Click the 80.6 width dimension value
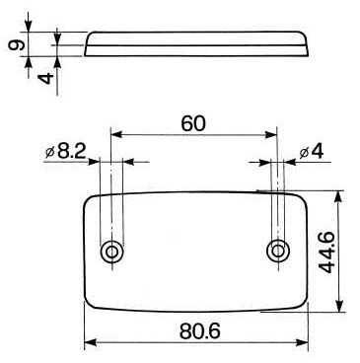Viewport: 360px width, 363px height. (x=200, y=331)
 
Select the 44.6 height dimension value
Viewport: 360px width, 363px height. (x=327, y=253)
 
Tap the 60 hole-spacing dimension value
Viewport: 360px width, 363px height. (x=193, y=123)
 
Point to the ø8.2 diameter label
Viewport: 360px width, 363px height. (x=65, y=152)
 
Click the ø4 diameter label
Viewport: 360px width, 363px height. (x=312, y=152)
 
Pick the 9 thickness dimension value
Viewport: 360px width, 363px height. (x=16, y=44)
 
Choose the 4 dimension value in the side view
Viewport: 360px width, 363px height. (x=45, y=78)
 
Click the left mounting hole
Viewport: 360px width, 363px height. (x=112, y=253)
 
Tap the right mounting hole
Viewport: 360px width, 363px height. (x=278, y=252)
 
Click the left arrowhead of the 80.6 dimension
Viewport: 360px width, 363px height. (x=91, y=342)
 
